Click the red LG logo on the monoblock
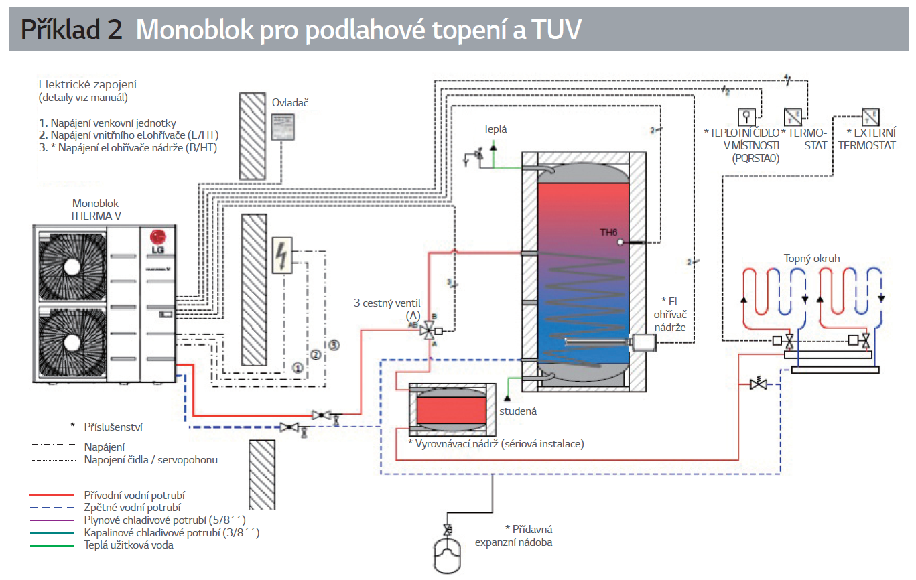tap(157, 238)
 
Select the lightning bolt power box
tap(282, 256)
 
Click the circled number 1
tap(298, 367)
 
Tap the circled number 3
tap(334, 346)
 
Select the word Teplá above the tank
tap(495, 128)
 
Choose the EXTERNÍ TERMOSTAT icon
tap(870, 118)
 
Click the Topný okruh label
tap(811, 258)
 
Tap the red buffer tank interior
tap(452, 409)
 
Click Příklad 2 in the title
tap(71, 29)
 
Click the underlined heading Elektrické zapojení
tap(88, 85)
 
